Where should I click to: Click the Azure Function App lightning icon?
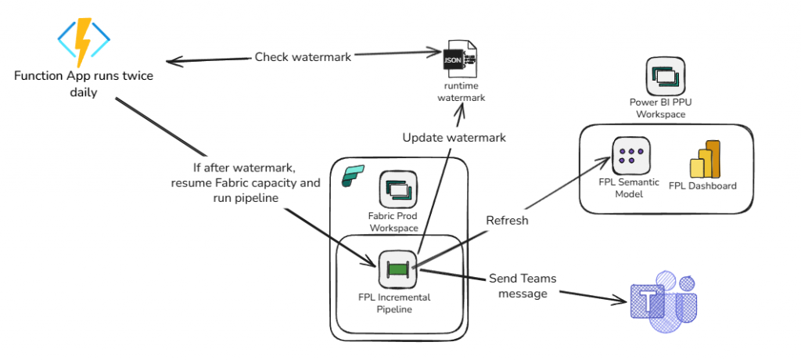click(82, 41)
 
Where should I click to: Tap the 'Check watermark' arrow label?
click(303, 56)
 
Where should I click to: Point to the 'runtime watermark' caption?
click(461, 92)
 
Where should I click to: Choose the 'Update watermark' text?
click(454, 138)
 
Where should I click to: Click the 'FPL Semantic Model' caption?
click(629, 188)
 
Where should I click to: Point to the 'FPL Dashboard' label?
click(702, 186)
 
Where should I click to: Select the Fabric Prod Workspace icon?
click(397, 190)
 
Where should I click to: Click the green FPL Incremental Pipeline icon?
click(397, 269)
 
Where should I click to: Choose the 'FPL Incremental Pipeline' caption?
click(396, 303)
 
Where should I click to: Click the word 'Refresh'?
click(507, 221)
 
